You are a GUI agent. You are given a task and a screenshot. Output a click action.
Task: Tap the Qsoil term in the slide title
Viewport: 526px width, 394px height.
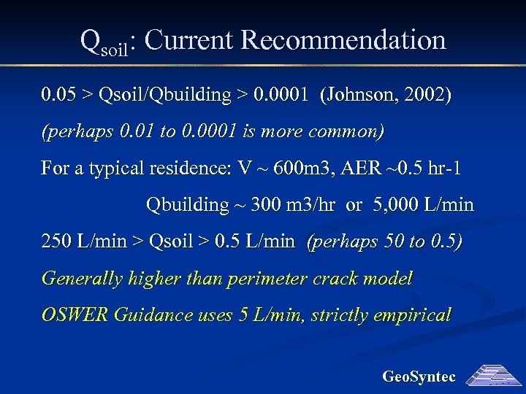(104, 42)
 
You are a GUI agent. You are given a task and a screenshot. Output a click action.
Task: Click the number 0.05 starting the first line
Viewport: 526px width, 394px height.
(57, 95)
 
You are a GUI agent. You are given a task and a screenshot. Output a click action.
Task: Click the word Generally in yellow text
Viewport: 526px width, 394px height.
(82, 279)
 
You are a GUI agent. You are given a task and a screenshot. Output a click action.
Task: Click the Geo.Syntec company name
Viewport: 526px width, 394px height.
(419, 376)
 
